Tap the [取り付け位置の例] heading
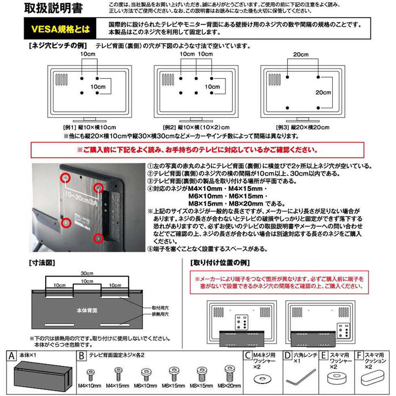coord(217,263)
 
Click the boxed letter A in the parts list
coord(8,356)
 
